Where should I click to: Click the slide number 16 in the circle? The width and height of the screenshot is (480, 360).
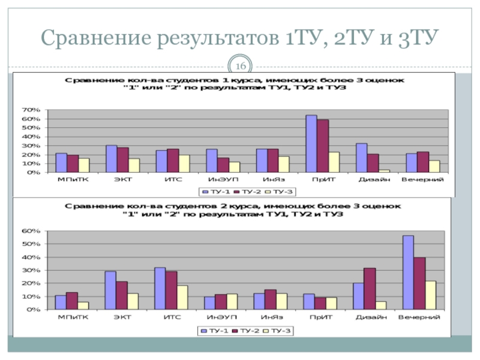point(241,65)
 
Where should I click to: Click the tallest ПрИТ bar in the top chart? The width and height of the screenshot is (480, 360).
point(311,144)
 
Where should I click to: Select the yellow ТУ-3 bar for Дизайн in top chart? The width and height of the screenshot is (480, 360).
point(384,171)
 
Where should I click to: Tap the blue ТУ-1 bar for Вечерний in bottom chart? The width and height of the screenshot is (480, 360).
point(408,272)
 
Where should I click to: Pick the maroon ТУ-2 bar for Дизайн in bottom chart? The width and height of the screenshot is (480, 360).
point(370,289)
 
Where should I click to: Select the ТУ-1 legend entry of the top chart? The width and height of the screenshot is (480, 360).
point(215,191)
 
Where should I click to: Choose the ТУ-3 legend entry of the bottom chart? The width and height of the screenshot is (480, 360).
point(280,330)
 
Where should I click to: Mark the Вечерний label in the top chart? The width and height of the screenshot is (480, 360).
point(422,179)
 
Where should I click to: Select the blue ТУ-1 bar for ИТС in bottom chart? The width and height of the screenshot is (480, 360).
point(160,289)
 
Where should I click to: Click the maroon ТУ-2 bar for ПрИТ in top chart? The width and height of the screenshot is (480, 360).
point(323,146)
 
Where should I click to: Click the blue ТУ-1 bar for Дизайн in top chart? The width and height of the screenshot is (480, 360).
point(361,158)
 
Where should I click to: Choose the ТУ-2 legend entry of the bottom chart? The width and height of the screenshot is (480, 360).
point(247,330)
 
